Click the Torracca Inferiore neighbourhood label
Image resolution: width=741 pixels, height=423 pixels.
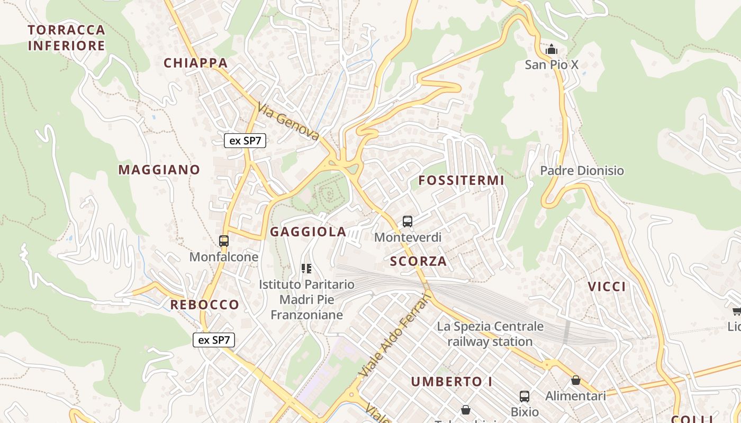[x=67, y=38]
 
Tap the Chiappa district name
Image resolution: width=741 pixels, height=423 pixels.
[x=195, y=63]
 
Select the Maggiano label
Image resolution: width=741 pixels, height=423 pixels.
[x=159, y=170]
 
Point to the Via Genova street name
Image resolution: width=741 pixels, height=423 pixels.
[x=288, y=122]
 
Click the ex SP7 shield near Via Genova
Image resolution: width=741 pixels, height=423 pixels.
[x=245, y=141]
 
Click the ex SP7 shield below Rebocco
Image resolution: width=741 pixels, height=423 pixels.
[x=213, y=340]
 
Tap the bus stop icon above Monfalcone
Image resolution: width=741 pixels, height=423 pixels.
[x=224, y=241]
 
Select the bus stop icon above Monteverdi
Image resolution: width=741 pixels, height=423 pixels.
[x=408, y=222]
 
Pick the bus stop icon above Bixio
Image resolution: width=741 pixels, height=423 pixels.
[x=525, y=396]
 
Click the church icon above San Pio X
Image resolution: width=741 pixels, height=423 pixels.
[x=552, y=50]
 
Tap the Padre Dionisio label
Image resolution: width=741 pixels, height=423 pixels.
[x=582, y=171]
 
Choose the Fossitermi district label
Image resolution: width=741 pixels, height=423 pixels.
[x=461, y=180]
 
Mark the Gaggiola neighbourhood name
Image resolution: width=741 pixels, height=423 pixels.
[x=308, y=232]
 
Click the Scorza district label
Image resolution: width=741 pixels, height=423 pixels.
[x=418, y=261]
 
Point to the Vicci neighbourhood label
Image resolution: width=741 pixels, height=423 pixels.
[x=607, y=287]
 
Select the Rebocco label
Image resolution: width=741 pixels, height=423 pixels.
[x=204, y=305]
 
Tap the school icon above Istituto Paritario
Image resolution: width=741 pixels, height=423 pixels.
[x=306, y=269]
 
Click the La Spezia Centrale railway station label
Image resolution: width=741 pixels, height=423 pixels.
[x=490, y=334]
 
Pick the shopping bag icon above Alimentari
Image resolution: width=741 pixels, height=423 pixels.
[x=576, y=380]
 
